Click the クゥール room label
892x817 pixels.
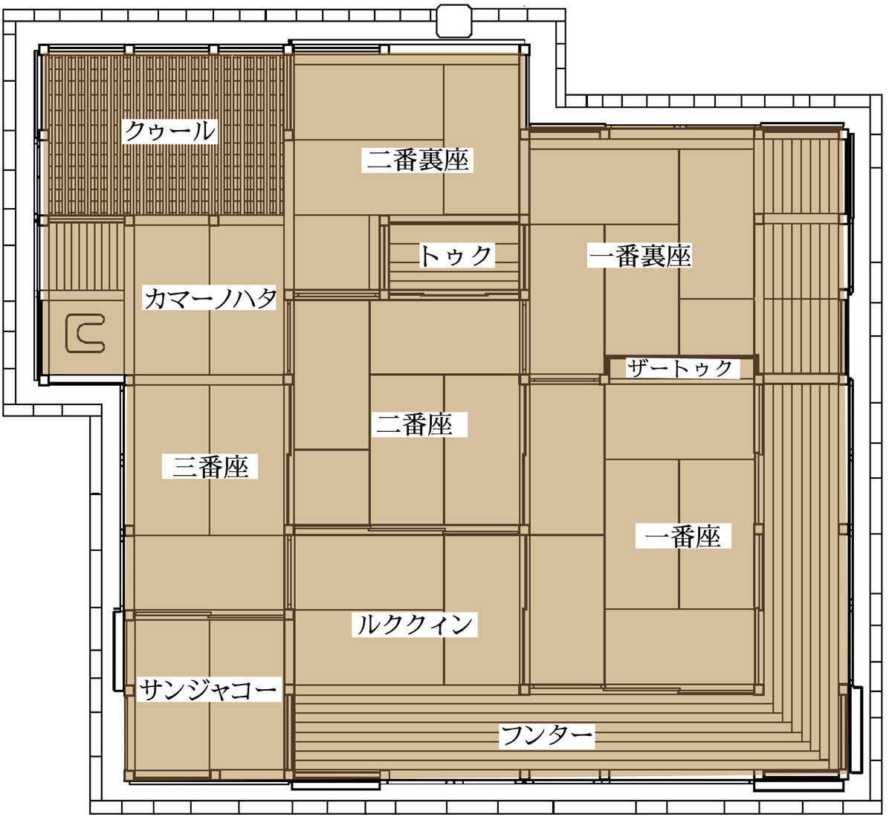point(170,131)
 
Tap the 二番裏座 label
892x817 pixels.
point(418,160)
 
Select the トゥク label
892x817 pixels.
point(456,255)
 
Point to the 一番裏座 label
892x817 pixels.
point(639,255)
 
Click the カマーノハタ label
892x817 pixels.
point(210,297)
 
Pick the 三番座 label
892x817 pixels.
point(210,467)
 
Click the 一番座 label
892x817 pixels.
point(683,536)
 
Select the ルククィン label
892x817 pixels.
point(415,624)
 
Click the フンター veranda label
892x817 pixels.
point(546,736)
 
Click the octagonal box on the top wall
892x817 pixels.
point(453,21)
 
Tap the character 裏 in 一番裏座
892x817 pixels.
point(653,255)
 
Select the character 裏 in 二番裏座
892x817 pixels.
point(430,160)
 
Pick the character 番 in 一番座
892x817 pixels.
point(683,536)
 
